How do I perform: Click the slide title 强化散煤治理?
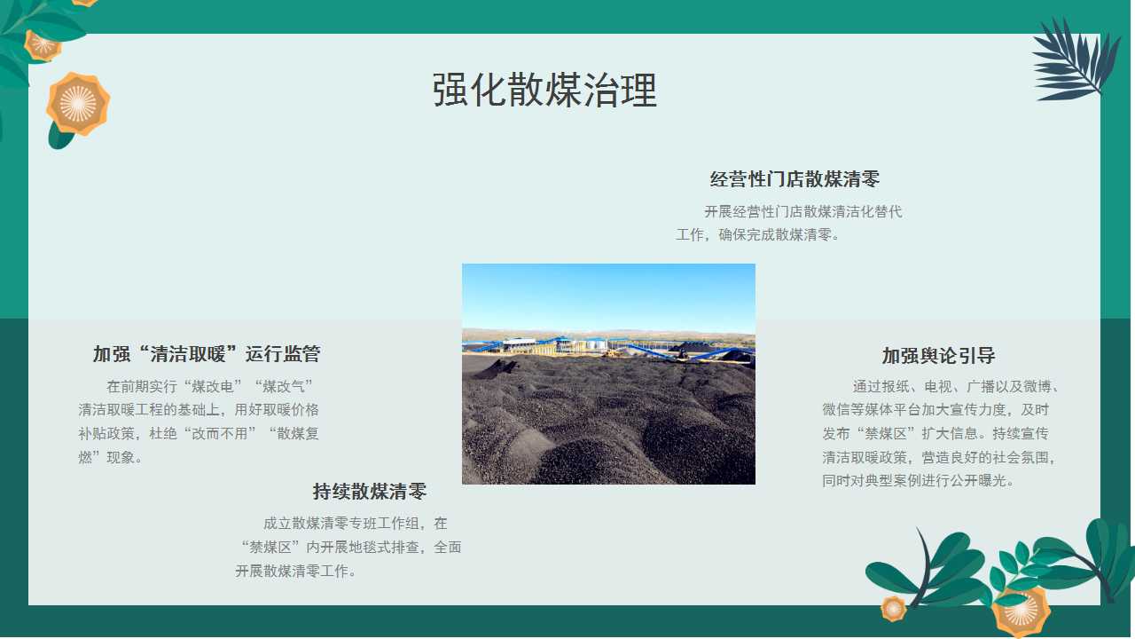coord(544,91)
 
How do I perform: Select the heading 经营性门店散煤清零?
coord(794,179)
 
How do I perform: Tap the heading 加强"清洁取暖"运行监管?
coord(207,354)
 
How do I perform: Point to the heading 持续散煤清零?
coord(370,492)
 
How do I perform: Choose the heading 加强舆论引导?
coord(938,356)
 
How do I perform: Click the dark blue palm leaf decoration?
coord(1075,61)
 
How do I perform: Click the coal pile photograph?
coord(608,375)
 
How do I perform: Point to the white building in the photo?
coord(519,344)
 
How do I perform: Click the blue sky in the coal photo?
coord(608,296)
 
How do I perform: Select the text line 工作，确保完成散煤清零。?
coord(758,235)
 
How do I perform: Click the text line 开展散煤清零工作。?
coord(296,571)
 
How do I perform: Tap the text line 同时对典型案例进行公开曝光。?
coord(918,480)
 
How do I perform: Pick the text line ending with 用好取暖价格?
coord(199,410)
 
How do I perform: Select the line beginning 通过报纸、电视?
coord(956,387)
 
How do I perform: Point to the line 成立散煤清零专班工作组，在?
coord(356,524)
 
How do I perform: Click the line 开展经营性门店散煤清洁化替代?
coord(803,211)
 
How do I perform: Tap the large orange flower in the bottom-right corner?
coord(1021,612)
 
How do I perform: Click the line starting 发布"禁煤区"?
coord(935,434)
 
